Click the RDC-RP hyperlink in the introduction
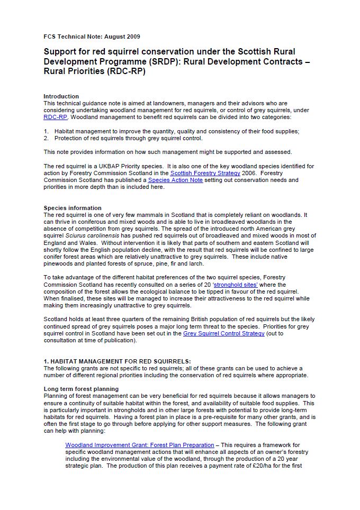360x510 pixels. click(x=55, y=117)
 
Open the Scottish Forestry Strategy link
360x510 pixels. click(x=205, y=173)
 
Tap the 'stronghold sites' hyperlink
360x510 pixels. click(x=236, y=284)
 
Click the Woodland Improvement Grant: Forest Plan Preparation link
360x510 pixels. click(x=140, y=445)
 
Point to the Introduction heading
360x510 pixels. click(x=61, y=96)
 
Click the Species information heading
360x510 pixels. click(x=73, y=208)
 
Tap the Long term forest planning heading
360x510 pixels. click(x=81, y=389)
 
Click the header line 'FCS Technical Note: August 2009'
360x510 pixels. click(x=92, y=37)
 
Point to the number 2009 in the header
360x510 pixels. click(x=132, y=37)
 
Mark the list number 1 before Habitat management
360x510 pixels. click(x=46, y=131)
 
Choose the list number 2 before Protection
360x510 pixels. click(x=46, y=138)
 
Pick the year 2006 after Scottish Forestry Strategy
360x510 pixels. click(x=249, y=173)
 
